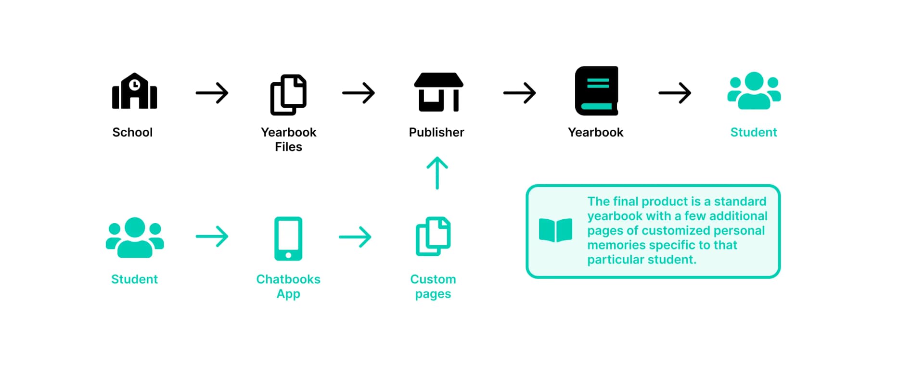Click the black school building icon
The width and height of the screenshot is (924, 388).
click(x=134, y=91)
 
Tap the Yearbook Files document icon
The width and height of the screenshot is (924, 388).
click(x=288, y=95)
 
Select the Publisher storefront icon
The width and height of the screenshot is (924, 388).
click(x=438, y=92)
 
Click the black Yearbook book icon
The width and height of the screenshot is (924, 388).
click(x=596, y=91)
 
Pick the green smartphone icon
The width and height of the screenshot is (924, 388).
click(x=288, y=238)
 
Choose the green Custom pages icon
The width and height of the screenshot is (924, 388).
click(x=433, y=237)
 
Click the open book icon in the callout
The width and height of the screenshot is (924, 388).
click(x=556, y=230)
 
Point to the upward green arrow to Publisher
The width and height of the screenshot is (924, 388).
click(x=437, y=173)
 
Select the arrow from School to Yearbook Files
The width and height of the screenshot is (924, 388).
click(x=212, y=93)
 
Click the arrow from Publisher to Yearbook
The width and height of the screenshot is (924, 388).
click(x=520, y=93)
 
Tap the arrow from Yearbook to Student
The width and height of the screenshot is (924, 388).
click(x=675, y=93)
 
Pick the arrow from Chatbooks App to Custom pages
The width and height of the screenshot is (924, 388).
click(x=355, y=237)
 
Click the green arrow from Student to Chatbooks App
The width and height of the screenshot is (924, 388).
click(x=212, y=237)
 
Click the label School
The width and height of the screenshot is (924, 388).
click(x=132, y=132)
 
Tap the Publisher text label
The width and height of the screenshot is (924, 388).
click(x=436, y=132)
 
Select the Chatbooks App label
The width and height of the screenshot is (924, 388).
click(x=288, y=287)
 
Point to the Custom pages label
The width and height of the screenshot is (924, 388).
click(x=433, y=287)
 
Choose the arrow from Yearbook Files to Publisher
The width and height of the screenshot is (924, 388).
click(x=359, y=93)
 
